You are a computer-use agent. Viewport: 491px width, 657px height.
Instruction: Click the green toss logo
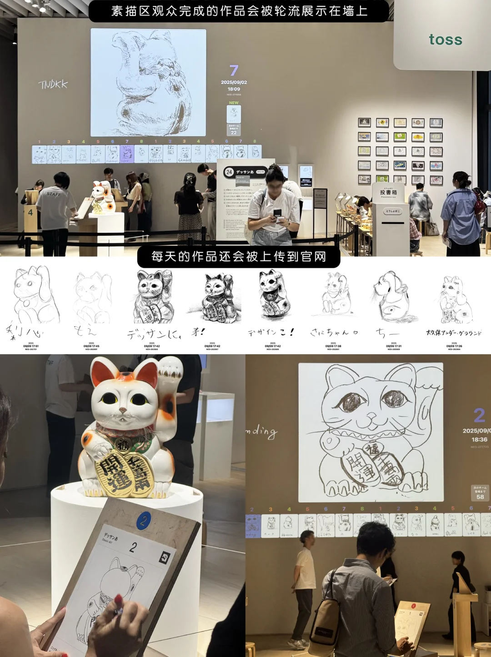coord(445,40)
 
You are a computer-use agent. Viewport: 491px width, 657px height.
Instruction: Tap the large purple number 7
coord(234,70)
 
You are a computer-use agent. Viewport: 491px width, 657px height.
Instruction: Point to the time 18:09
coord(234,89)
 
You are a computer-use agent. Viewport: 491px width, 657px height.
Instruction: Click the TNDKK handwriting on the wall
coord(53,84)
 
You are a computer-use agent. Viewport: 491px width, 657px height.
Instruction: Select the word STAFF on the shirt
coord(54,194)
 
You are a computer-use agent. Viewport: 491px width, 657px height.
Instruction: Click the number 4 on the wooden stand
coord(30,212)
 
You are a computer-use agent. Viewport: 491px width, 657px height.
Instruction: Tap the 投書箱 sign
coord(388,192)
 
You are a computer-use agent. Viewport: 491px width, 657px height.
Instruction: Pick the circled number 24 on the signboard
coord(229,172)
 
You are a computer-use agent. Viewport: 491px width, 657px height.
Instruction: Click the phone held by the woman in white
coord(277,213)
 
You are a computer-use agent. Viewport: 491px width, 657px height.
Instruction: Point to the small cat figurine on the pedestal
coord(103,197)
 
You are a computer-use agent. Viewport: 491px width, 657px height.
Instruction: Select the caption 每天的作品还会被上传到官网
coord(239,257)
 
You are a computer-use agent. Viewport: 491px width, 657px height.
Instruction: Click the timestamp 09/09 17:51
coord(31,346)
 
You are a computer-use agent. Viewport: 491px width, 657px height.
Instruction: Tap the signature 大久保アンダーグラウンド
coord(453,333)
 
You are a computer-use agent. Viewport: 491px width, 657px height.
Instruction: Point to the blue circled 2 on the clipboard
coord(144,520)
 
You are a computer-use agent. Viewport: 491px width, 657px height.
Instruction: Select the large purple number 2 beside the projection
coord(479,415)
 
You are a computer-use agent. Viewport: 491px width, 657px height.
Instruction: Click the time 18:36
coord(479,440)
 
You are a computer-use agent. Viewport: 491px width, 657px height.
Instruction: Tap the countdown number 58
coord(480,497)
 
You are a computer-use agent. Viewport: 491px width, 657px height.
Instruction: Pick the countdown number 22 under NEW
coord(234,133)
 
